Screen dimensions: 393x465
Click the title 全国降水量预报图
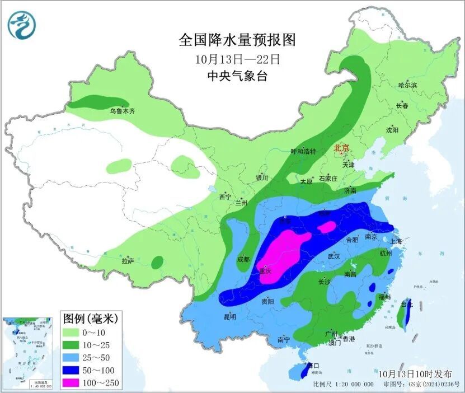pyautogui.click(x=237, y=40)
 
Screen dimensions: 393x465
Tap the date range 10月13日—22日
pyautogui.click(x=237, y=59)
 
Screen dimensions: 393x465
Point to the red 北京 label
pyautogui.click(x=341, y=148)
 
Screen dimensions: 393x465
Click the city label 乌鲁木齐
pyautogui.click(x=122, y=111)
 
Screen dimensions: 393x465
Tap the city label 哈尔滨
pyautogui.click(x=407, y=85)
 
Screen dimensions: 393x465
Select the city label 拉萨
pyautogui.click(x=128, y=261)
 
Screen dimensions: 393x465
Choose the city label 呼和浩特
pyautogui.click(x=303, y=152)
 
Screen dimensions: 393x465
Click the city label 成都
pyautogui.click(x=243, y=259)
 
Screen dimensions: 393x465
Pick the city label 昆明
pyautogui.click(x=230, y=317)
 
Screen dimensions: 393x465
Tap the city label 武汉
pyautogui.click(x=334, y=256)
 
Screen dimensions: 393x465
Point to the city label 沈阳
pyautogui.click(x=392, y=130)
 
